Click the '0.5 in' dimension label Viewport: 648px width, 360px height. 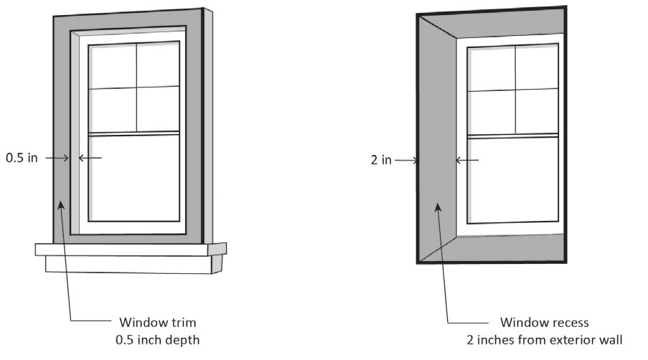22,158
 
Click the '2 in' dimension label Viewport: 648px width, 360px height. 381,160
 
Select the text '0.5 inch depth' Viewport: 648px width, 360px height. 157,338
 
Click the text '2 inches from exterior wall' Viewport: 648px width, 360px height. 543,338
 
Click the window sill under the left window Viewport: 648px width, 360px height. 131,249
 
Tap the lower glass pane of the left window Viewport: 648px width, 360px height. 135,177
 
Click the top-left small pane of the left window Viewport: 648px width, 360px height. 112,67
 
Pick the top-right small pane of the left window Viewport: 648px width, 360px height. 157,65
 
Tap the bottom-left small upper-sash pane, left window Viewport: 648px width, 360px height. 112,110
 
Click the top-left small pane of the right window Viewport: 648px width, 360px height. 490,70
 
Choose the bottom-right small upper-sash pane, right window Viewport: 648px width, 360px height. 536,110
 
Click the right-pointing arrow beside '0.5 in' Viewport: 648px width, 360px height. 56,158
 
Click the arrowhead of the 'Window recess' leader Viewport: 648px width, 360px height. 437,207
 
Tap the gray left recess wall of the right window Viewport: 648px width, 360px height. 438,143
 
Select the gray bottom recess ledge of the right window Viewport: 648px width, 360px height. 502,247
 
